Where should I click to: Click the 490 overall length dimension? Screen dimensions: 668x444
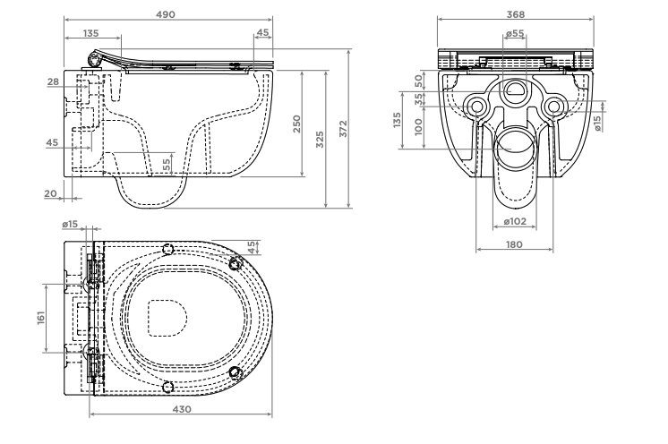pos(166,14)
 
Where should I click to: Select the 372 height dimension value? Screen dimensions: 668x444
pos(343,129)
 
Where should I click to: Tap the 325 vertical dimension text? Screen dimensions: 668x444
pos(320,140)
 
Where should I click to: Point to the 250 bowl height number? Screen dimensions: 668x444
pos(297,124)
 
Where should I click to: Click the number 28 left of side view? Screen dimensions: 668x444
pos(53,81)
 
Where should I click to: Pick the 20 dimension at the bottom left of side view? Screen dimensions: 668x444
pos(50,193)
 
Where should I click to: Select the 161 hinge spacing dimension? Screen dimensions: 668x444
pos(41,318)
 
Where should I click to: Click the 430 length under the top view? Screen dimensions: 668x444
pos(182,409)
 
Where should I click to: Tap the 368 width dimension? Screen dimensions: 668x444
pos(516,14)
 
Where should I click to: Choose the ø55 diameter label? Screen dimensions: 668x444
pos(515,33)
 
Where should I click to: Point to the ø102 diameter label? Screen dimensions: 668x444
pos(515,221)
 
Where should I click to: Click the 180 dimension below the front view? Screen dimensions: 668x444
pos(514,244)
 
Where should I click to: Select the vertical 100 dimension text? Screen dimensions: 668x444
pos(418,127)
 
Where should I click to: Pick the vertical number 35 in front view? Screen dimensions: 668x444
pos(419,99)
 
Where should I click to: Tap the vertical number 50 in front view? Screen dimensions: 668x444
pos(418,80)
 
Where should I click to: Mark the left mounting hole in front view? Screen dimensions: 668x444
pos(476,107)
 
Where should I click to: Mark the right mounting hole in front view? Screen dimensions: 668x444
pos(553,107)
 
